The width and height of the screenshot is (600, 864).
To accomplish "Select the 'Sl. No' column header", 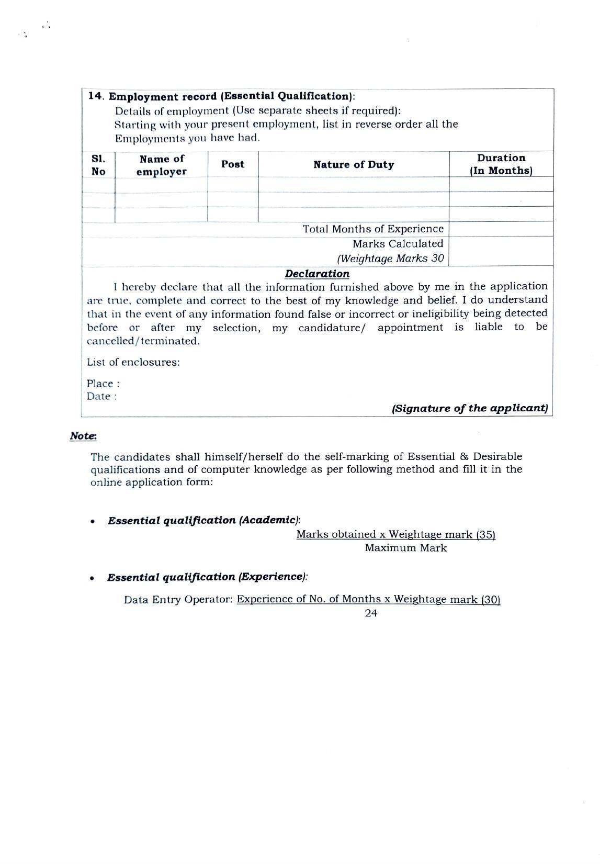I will [98, 165].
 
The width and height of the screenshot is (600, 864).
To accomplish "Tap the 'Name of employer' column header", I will [162, 165].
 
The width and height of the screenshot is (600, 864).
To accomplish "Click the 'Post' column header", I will [233, 164].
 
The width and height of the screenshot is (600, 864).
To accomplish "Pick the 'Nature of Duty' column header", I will [354, 165].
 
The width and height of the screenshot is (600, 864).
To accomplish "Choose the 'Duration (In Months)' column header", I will [501, 164].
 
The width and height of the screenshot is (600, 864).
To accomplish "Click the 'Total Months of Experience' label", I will [373, 229].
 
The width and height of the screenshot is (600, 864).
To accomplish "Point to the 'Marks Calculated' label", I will [398, 244].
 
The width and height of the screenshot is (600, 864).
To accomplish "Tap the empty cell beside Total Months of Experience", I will [501, 229].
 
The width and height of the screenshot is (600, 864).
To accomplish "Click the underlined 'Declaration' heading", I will [317, 274].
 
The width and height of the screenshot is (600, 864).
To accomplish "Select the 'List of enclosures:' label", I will [133, 362].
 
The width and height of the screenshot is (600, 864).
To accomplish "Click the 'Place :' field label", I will [103, 384].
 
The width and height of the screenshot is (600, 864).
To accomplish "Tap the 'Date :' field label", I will [102, 396].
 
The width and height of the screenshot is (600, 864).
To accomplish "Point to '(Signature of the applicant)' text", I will [470, 408].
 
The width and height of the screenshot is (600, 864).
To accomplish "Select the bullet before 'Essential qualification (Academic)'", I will [93, 522].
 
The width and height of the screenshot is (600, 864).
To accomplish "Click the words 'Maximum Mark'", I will [405, 548].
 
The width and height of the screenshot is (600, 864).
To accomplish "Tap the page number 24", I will [371, 613].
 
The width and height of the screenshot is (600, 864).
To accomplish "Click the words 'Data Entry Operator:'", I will [178, 600].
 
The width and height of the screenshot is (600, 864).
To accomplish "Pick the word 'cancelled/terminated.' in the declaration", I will [143, 341].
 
